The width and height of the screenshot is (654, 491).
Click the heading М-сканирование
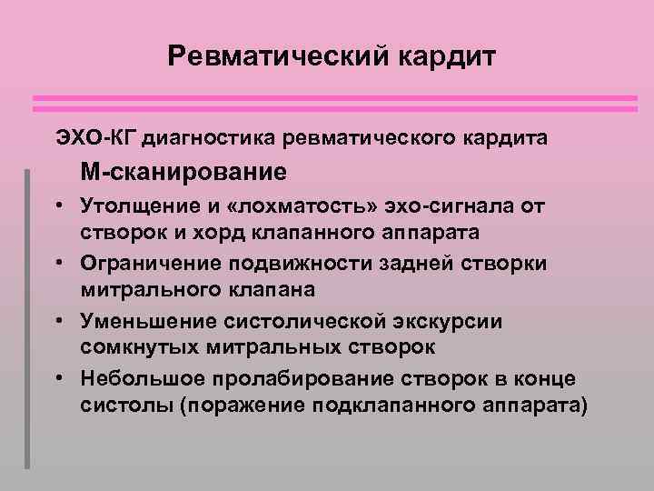tap(182, 171)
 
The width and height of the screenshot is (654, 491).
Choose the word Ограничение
tap(147, 262)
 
